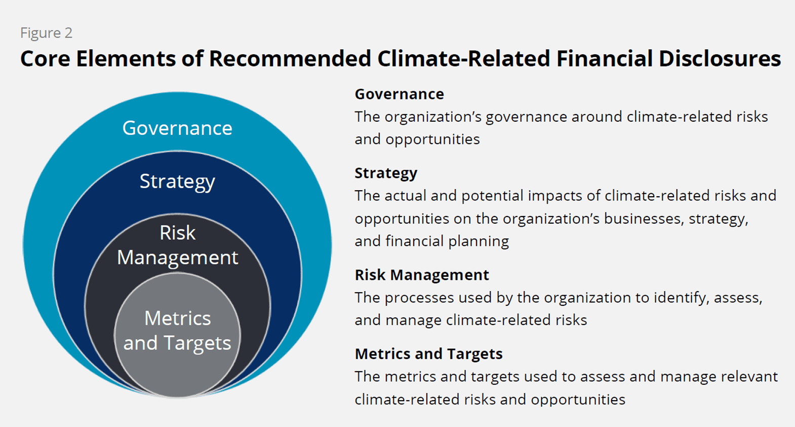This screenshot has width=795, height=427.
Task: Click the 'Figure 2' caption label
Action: tap(46, 33)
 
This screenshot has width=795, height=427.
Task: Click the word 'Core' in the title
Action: tap(45, 59)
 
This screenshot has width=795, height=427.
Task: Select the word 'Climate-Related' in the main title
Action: tap(463, 59)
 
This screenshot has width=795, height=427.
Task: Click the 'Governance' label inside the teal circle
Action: tap(177, 128)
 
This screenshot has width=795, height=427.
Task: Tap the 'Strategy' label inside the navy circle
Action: tap(177, 182)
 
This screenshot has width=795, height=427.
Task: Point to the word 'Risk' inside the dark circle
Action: tap(177, 233)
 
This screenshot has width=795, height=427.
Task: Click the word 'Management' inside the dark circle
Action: tap(177, 258)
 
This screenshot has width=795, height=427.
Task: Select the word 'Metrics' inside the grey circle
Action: tap(177, 318)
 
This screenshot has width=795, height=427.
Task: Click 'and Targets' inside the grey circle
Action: tap(177, 343)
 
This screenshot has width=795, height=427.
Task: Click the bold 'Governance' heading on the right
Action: tap(399, 94)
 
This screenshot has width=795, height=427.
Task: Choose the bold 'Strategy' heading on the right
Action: tap(386, 173)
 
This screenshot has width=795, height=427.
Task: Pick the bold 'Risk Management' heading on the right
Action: tap(421, 275)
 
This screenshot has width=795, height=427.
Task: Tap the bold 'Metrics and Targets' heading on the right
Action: tap(428, 354)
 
